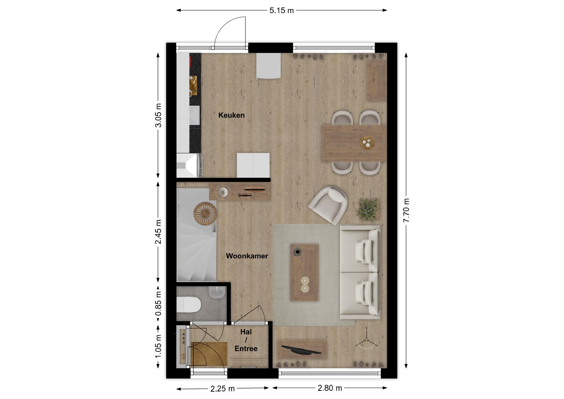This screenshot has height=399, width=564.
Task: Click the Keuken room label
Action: coord(231,115)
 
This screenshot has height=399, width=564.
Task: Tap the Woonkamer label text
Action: coord(247,256)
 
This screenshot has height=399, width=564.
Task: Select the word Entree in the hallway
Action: coord(246,348)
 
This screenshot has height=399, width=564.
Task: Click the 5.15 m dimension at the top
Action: coord(281,11)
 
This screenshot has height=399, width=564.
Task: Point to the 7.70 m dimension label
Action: coord(406,210)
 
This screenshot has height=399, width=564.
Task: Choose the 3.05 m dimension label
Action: coord(158,115)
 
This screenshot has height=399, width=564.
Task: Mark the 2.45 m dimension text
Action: coord(158,232)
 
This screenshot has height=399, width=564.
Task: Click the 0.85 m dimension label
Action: coord(158,303)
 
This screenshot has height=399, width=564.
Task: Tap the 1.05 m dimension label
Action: coord(158,346)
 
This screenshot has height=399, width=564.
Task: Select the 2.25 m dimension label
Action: coord(222,389)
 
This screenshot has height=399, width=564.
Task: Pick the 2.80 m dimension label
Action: coord(330,388)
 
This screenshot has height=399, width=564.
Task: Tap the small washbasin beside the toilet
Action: coord(217,292)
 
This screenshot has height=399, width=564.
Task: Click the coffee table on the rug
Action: coord(304,272)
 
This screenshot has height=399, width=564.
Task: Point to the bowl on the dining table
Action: coord(367,143)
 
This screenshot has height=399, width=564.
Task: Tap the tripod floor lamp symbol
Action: coord(366,339)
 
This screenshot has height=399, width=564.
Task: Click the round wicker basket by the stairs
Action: coord(205,214)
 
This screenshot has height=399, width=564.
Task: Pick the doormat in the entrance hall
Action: coord(209,354)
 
